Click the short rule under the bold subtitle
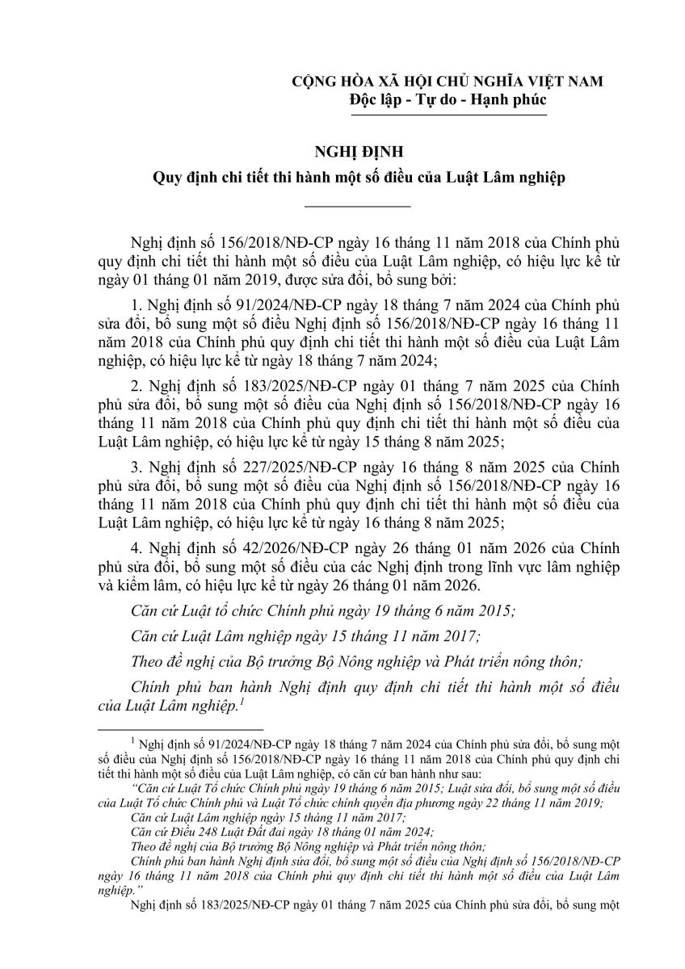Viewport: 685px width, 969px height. (357, 207)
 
